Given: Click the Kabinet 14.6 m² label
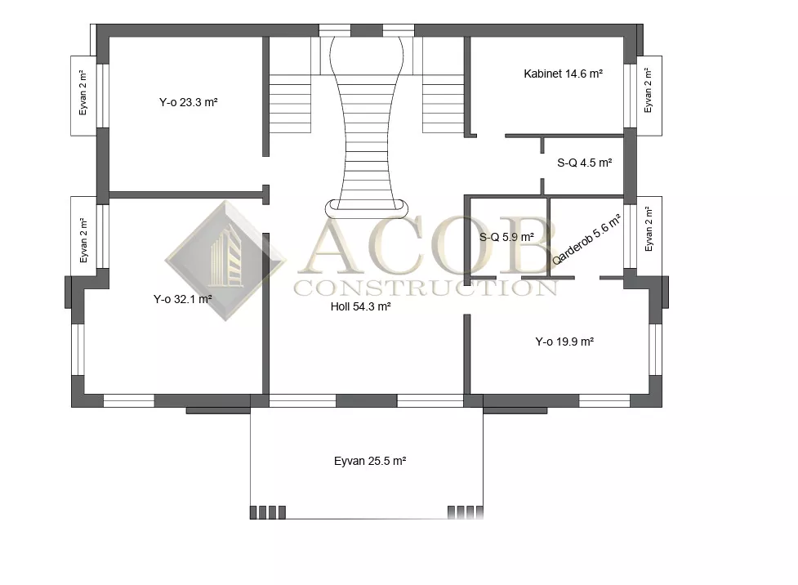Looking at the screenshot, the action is tap(564, 74).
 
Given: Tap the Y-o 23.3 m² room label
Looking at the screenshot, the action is tap(189, 102).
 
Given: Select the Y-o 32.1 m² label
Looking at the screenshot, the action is tap(183, 299).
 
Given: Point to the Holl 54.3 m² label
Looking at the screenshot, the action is tap(360, 306).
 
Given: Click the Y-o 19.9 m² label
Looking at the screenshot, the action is tap(564, 342).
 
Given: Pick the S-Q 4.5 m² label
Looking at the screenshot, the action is tap(584, 163).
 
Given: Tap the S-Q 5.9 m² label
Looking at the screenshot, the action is tap(506, 237).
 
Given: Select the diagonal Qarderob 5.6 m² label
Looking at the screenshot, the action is tap(586, 239).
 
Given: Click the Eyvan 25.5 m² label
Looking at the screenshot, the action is tap(370, 462).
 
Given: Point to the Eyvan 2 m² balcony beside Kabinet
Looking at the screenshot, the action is tap(649, 96).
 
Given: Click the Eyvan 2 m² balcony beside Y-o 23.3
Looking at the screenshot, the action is tap(83, 96).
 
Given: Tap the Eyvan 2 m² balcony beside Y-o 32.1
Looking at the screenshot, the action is tap(83, 236).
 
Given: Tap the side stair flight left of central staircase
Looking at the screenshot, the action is tap(290, 104).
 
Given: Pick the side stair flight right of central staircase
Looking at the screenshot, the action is tap(443, 104).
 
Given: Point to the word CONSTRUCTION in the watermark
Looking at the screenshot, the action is tap(426, 288).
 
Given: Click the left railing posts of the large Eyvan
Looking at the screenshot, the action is tap(268, 512).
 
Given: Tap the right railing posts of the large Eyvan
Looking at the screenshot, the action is tap(466, 512).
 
